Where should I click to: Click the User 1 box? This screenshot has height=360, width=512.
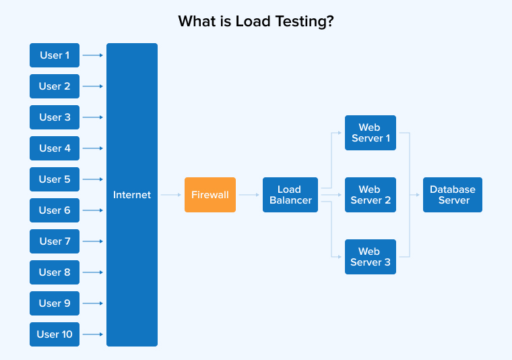click(x=55, y=55)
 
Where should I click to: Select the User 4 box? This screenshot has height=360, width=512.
click(x=55, y=148)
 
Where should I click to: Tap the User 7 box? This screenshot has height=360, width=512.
click(x=55, y=241)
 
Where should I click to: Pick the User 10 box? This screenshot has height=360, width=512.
click(x=55, y=334)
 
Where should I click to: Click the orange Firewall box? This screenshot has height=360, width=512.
click(x=210, y=195)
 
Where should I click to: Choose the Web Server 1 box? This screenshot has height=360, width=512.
click(x=370, y=133)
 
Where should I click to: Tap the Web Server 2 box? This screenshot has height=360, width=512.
click(x=370, y=195)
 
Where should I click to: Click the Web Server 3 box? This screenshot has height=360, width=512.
click(x=370, y=257)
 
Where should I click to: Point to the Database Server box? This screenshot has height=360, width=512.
click(x=453, y=195)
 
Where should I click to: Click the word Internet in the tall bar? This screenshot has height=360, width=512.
click(x=132, y=195)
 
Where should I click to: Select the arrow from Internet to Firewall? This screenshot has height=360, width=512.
click(x=171, y=195)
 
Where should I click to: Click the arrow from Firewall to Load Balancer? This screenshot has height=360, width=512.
click(x=249, y=195)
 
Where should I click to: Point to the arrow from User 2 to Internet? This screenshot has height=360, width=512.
click(x=93, y=86)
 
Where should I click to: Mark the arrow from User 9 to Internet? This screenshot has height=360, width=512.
click(x=93, y=303)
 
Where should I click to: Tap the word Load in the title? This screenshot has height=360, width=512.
click(x=251, y=22)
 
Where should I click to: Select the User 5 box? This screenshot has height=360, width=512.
click(x=55, y=179)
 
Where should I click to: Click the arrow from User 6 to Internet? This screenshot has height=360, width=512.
click(x=93, y=210)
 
